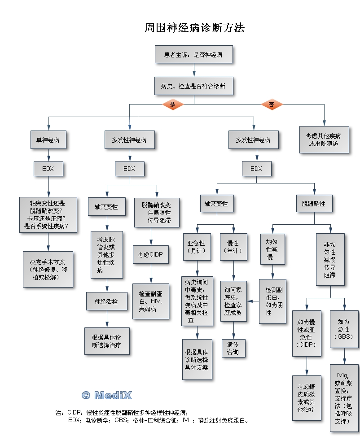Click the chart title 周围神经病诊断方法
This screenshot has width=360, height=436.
tap(194, 28)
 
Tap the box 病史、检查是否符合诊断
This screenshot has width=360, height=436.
tap(194, 85)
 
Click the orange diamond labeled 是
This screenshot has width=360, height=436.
tap(173, 105)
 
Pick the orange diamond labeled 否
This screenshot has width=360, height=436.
tap(272, 105)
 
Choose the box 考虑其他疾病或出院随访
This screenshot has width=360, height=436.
tap(324, 140)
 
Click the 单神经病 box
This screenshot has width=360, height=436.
tap(48, 140)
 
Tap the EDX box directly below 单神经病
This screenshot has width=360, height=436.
tap(48, 169)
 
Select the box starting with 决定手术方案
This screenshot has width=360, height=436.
tap(48, 269)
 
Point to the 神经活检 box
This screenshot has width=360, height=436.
tap(106, 301)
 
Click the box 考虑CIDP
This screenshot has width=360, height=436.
tap(150, 254)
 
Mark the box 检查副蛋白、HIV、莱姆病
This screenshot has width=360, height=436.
tap(150, 301)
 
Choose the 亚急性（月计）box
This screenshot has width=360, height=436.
tap(197, 247)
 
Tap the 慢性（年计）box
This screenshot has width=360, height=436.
tap(233, 247)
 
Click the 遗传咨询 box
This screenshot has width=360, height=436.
tap(233, 348)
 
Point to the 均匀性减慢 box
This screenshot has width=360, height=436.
tap(272, 249)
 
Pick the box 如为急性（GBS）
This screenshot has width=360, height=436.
tap(345, 328)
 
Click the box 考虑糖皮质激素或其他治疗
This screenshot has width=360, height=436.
tap(307, 397)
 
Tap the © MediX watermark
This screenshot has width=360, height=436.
tap(107, 395)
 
